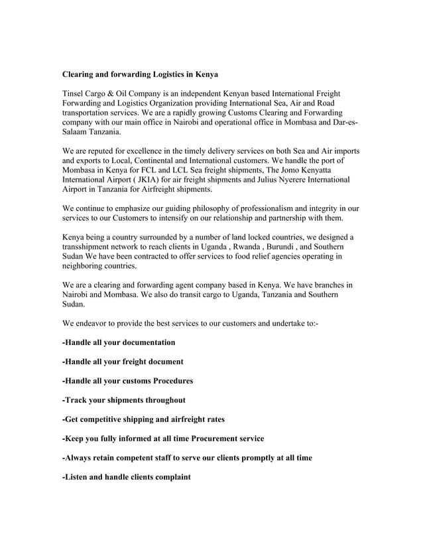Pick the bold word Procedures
172,381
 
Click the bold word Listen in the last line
78,477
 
